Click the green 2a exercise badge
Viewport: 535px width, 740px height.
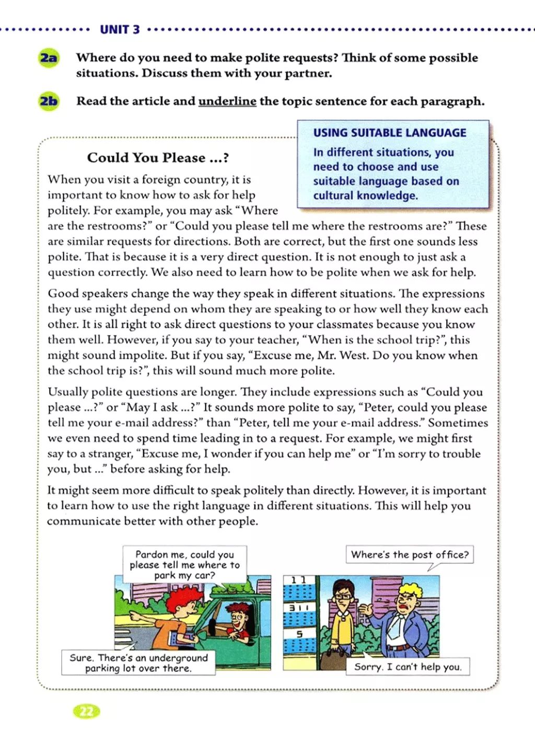(49, 58)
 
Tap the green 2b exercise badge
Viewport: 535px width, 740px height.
(49, 101)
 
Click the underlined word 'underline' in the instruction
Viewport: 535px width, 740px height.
(227, 101)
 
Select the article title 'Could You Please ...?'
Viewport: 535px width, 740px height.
(158, 157)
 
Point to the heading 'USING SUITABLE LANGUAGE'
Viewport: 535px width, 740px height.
(390, 133)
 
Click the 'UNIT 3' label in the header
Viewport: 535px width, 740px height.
(120, 29)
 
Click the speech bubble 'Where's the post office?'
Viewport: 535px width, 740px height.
(410, 554)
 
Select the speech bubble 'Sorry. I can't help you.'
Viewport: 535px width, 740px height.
(408, 667)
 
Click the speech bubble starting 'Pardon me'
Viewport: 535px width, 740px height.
(184, 565)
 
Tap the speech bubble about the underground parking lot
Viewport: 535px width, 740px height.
(138, 663)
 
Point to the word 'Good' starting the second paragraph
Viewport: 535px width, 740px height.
(62, 294)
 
